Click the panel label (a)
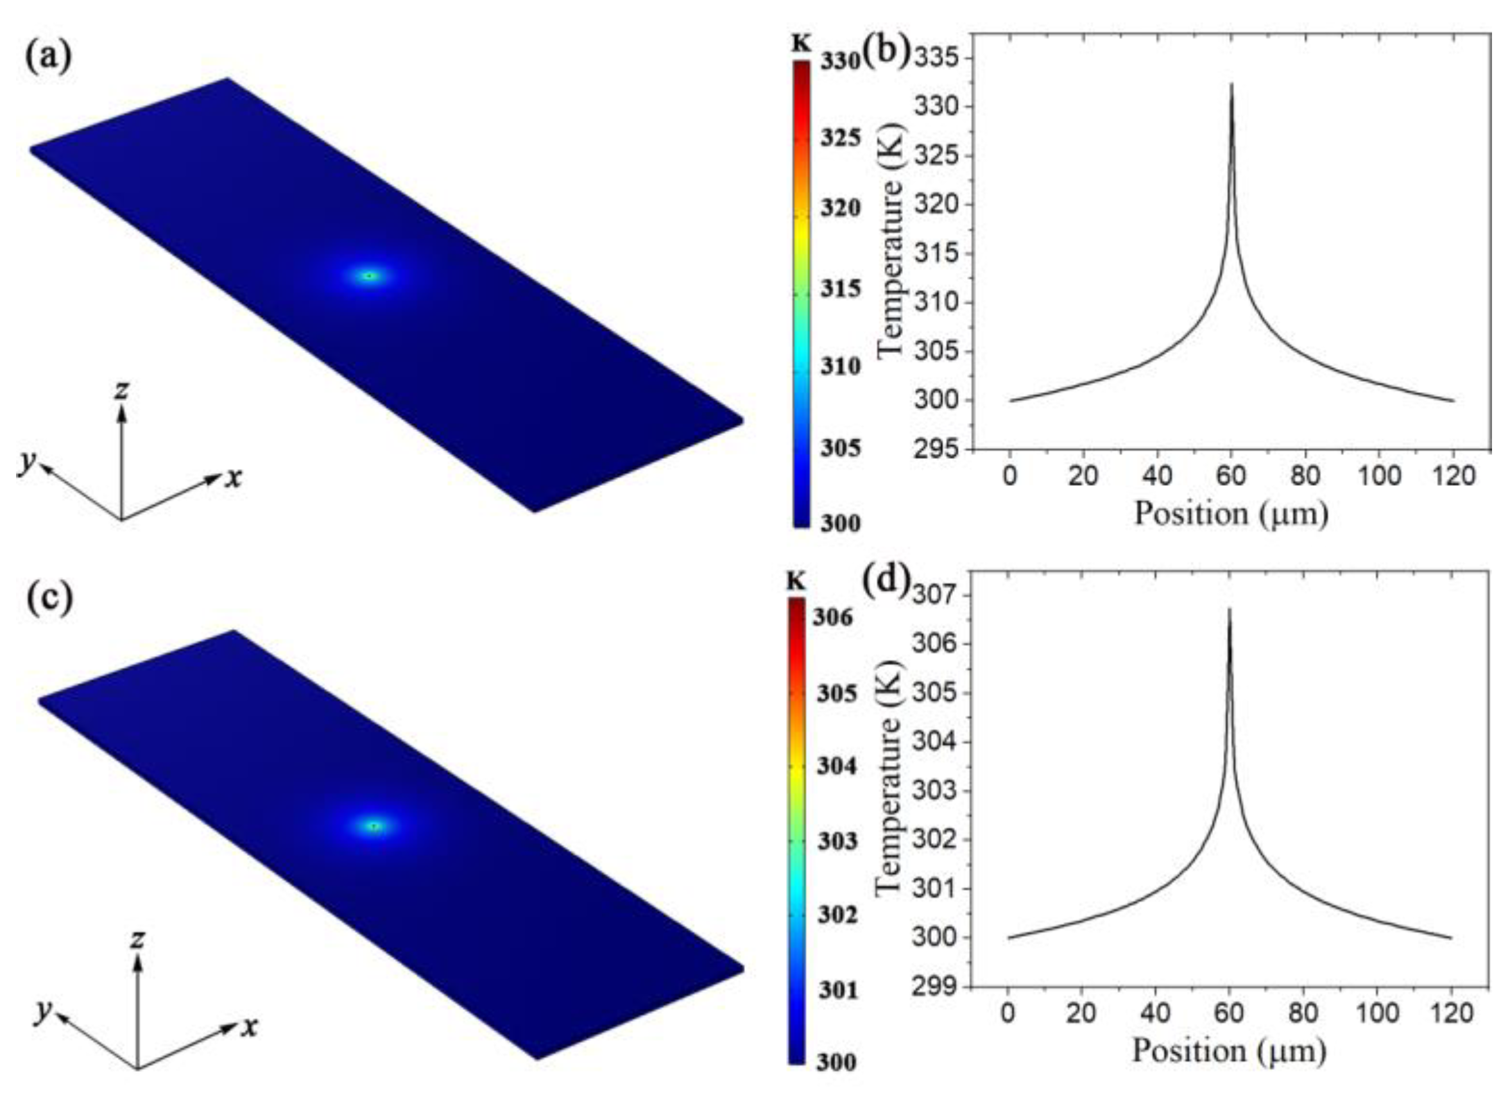[x=47, y=57]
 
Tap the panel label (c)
[x=49, y=598]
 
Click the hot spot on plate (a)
[x=370, y=276]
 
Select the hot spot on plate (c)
[x=375, y=826]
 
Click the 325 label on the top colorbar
[x=839, y=139]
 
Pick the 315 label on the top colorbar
[x=839, y=289]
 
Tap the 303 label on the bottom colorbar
[x=836, y=841]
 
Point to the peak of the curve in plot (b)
[x=1231, y=85]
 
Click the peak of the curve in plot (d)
[x=1229, y=610]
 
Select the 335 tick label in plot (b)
[x=941, y=59]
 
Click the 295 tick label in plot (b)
[x=941, y=451]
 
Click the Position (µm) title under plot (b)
[x=1231, y=513]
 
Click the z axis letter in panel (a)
[x=121, y=391]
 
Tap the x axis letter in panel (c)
[x=250, y=1028]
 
